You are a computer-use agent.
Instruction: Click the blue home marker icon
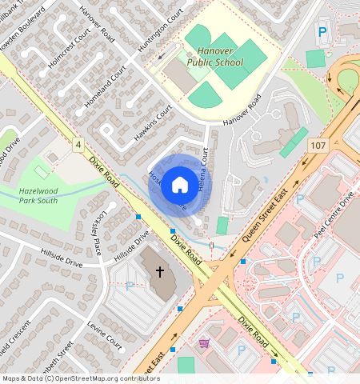[180, 186]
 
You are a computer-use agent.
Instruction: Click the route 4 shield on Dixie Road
[78, 145]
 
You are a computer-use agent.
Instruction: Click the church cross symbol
[159, 272]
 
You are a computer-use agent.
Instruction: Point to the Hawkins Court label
[154, 124]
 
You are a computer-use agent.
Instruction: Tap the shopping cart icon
[204, 343]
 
